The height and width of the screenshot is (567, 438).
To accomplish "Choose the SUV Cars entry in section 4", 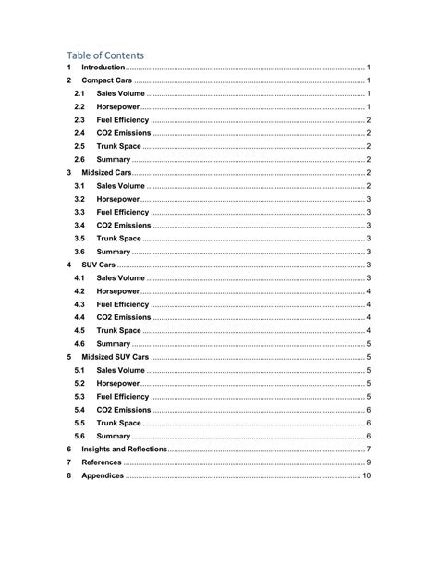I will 99,265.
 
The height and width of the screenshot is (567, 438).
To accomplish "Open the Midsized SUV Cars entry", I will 115,357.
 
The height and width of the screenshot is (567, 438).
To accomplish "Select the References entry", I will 101,462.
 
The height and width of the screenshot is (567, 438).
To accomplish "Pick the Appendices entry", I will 102,475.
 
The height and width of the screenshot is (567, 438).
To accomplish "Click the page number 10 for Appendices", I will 366,475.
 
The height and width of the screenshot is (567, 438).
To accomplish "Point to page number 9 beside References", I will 368,462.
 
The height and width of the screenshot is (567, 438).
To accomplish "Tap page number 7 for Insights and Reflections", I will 368,450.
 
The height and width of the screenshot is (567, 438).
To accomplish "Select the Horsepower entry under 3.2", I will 117,199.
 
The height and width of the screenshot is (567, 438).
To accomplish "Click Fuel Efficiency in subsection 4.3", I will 122,304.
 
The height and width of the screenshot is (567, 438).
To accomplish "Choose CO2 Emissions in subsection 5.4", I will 123,410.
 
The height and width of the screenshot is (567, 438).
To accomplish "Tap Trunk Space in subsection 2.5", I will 118,146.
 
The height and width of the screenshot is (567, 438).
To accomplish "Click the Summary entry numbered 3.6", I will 113,252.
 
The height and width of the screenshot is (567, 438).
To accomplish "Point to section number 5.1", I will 79,370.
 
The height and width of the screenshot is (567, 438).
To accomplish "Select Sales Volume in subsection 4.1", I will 120,277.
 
